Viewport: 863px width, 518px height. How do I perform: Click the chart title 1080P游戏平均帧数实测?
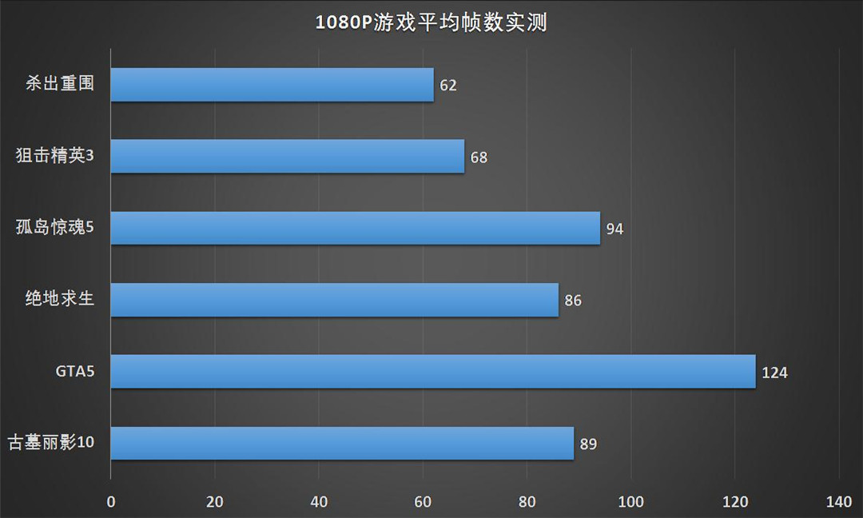(431, 22)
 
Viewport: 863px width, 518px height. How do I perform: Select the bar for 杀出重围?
(272, 85)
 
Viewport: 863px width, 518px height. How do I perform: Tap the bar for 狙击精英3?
(287, 157)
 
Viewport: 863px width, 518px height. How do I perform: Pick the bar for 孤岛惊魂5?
(355, 229)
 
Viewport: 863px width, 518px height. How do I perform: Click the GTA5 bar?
(432, 372)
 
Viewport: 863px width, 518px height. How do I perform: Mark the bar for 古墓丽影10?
(342, 444)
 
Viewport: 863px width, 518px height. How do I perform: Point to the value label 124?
(774, 373)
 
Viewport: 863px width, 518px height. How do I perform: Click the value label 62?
(448, 86)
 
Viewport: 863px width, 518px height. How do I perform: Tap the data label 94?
(614, 229)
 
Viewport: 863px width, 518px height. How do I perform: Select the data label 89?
(588, 444)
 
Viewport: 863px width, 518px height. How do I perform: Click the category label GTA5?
(75, 372)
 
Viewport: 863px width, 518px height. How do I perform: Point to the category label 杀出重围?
(60, 84)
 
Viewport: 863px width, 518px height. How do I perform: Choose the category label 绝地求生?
(60, 300)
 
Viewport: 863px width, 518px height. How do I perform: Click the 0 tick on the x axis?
(110, 502)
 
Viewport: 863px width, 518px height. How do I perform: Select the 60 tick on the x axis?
(423, 502)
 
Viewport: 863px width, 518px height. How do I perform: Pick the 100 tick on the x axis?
(631, 502)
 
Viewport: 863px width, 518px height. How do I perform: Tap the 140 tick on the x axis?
(839, 502)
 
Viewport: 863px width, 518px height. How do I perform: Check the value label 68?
(479, 157)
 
